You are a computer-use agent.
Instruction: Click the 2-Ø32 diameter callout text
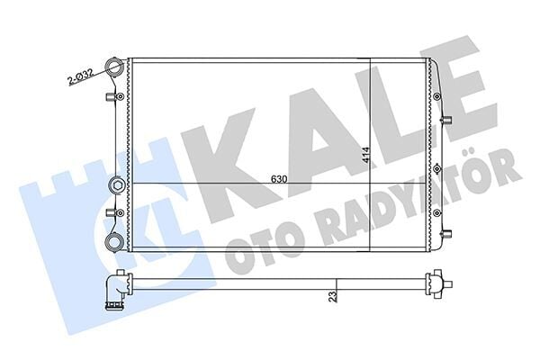(x=80, y=77)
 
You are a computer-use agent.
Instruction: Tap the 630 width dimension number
(x=279, y=179)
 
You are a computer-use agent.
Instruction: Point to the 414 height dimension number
(x=365, y=157)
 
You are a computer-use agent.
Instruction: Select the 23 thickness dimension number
(x=333, y=297)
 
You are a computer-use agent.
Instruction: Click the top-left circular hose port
(x=114, y=66)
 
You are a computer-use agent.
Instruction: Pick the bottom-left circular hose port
(x=114, y=240)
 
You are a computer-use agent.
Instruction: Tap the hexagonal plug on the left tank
(x=116, y=186)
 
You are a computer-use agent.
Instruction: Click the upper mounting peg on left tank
(x=110, y=97)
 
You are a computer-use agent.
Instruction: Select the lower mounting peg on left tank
(x=110, y=213)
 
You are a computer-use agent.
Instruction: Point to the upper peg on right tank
(x=446, y=120)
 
